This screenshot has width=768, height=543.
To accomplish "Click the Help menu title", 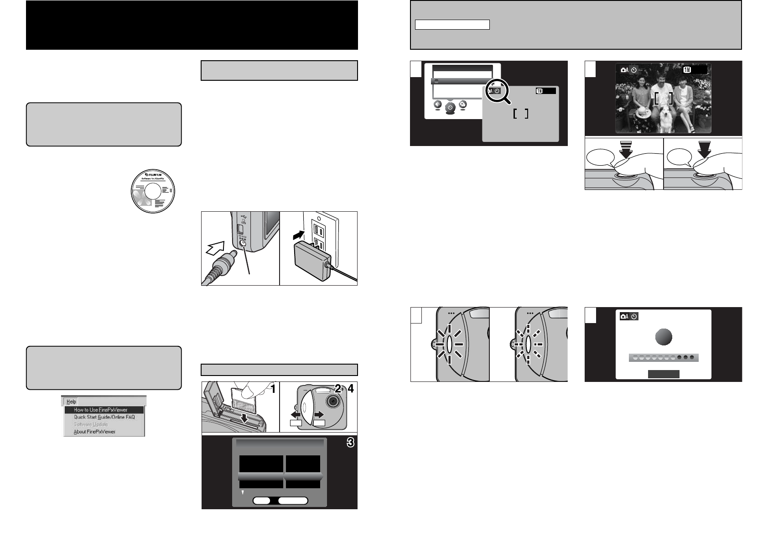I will click(71, 402).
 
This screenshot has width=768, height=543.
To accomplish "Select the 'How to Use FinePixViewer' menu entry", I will click(101, 410).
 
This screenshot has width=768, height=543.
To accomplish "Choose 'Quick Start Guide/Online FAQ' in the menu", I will click(104, 417).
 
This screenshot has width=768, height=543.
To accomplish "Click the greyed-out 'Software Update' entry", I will click(91, 424).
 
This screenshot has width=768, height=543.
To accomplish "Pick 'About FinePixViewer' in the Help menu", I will click(94, 432).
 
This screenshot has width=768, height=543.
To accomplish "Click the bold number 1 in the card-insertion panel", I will click(272, 389).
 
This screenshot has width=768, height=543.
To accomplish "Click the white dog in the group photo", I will click(667, 120).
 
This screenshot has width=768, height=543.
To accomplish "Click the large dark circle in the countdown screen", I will click(664, 337).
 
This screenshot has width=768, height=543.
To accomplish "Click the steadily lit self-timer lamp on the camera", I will click(449, 345).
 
